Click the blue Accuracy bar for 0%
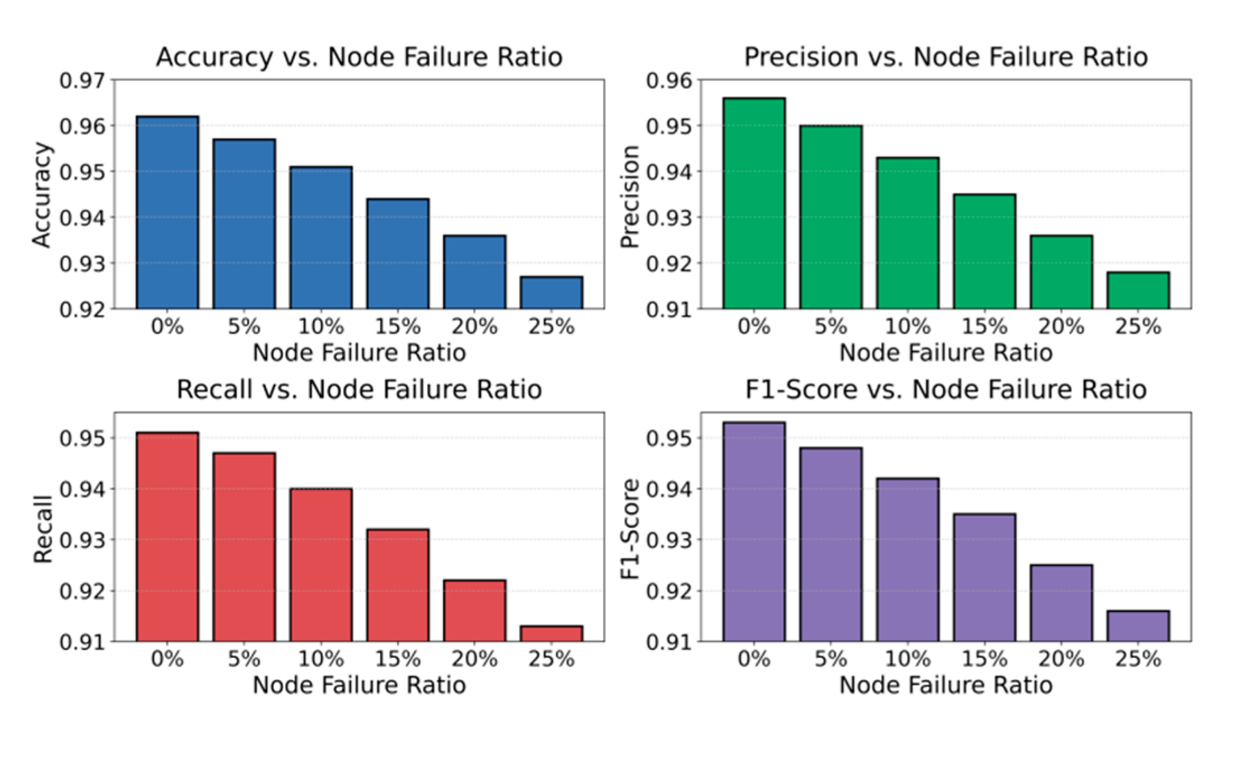[x=167, y=212]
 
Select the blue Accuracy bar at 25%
[x=552, y=292]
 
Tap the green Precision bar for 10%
[x=908, y=233]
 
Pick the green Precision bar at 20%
[x=1061, y=272]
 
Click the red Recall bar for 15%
[x=398, y=585]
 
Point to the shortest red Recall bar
[x=552, y=634]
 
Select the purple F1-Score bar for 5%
[x=831, y=544]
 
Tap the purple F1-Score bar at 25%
[x=1138, y=626]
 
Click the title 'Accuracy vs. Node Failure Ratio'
[x=359, y=57]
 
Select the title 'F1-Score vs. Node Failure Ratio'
[x=946, y=389]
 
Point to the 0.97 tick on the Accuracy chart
[x=82, y=81]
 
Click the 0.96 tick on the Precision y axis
[x=669, y=81]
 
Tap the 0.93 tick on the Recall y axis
[x=82, y=540]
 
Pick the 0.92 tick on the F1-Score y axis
[x=669, y=591]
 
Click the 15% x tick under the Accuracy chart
[x=398, y=326]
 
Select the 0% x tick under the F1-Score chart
[x=754, y=659]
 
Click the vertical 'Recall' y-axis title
[x=43, y=529]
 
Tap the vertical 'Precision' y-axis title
[x=630, y=197]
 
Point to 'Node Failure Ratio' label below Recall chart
[x=359, y=685]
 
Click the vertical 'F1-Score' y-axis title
[x=630, y=529]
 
